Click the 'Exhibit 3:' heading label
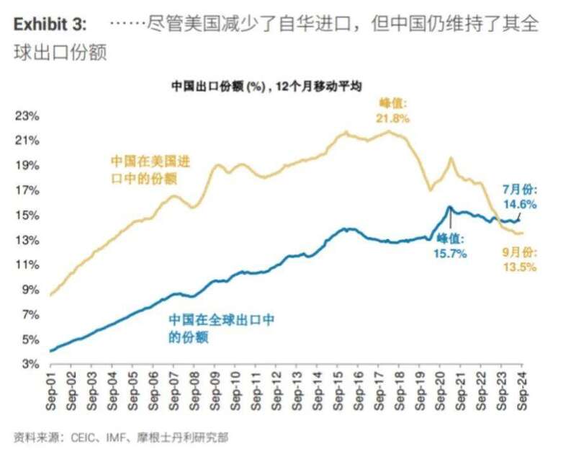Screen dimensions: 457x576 point(50,25)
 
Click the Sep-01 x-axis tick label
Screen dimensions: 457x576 point(51,393)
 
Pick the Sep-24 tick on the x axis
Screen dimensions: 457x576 point(523,393)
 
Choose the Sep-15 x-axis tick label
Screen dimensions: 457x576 point(338,393)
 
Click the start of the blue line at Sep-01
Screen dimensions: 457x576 point(50,351)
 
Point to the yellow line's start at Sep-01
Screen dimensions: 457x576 point(50,295)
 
